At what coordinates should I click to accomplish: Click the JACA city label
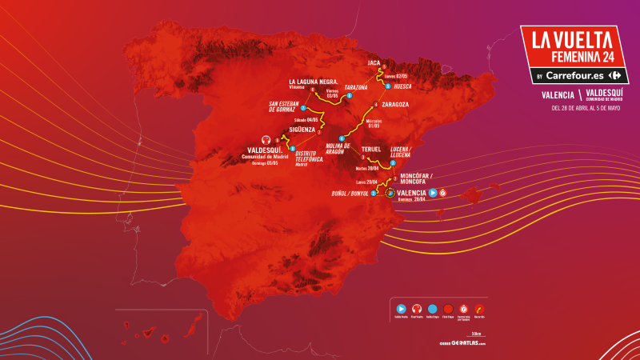373,61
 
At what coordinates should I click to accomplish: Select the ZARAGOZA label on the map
395,104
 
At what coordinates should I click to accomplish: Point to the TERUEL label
371,150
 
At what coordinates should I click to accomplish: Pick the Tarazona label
355,86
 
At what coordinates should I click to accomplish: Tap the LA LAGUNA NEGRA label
316,82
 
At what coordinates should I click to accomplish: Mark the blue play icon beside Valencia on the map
433,193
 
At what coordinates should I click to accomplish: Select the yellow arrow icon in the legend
479,307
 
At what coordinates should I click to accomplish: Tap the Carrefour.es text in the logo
575,76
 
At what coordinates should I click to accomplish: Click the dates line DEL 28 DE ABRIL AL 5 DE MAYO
574,109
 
